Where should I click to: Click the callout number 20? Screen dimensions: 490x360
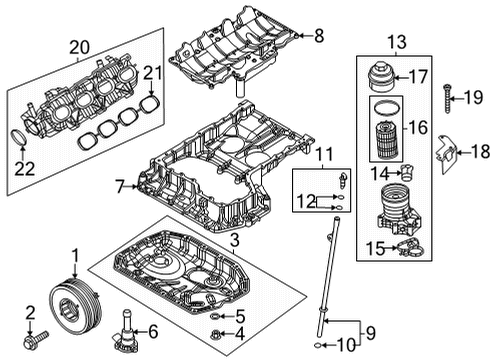[79, 47]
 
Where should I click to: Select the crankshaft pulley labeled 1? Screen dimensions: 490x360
[75, 307]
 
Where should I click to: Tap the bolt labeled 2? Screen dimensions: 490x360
[36, 339]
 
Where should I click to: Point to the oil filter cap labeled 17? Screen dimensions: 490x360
[381, 76]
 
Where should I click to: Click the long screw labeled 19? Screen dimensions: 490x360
[447, 99]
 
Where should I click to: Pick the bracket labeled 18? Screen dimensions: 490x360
[446, 153]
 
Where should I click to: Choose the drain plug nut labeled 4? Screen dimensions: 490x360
[216, 334]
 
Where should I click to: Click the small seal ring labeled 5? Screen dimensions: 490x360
[216, 316]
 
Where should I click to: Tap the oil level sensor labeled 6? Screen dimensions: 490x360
[125, 331]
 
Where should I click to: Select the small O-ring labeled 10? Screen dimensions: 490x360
[318, 345]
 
